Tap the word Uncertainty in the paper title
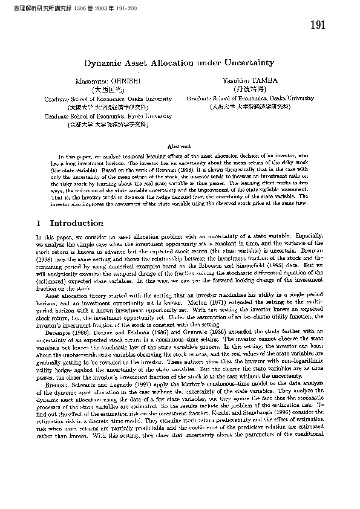(x=249, y=63)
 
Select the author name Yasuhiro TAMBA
(x=250, y=80)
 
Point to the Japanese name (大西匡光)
(x=108, y=89)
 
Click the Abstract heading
(x=180, y=146)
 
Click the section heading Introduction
(x=76, y=224)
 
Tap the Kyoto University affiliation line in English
(x=108, y=115)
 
